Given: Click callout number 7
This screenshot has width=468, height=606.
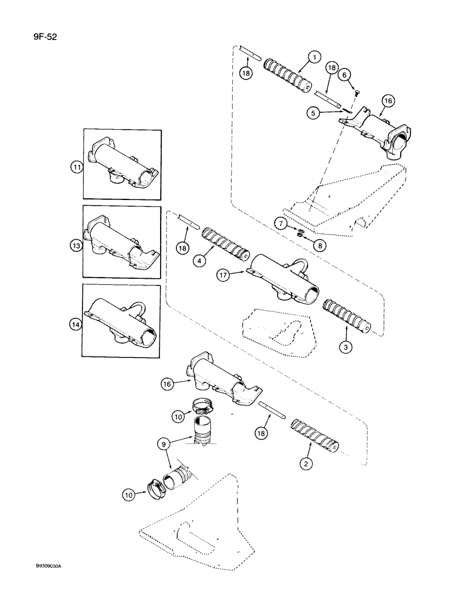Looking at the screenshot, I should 281,223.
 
